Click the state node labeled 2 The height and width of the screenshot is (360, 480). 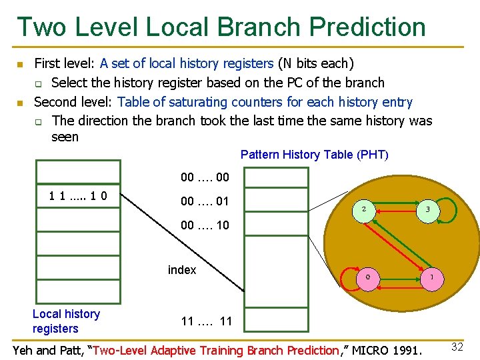[363, 209]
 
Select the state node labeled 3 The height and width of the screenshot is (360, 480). [428, 209]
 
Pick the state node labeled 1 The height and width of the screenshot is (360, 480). [431, 276]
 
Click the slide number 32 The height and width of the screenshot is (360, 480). [457, 347]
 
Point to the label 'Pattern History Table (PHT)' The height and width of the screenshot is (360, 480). [314, 155]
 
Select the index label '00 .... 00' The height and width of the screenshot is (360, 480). [205, 177]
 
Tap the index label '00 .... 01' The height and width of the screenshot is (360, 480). [205, 201]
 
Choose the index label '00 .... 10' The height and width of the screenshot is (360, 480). [205, 225]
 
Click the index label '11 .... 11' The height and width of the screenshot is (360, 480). [207, 322]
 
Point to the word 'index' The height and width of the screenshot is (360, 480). [182, 270]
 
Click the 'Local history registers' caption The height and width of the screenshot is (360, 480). [66, 321]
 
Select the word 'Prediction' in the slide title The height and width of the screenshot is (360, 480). [361, 27]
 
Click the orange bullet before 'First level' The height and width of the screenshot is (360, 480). [20, 65]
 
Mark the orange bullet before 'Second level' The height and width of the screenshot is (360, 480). [20, 103]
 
